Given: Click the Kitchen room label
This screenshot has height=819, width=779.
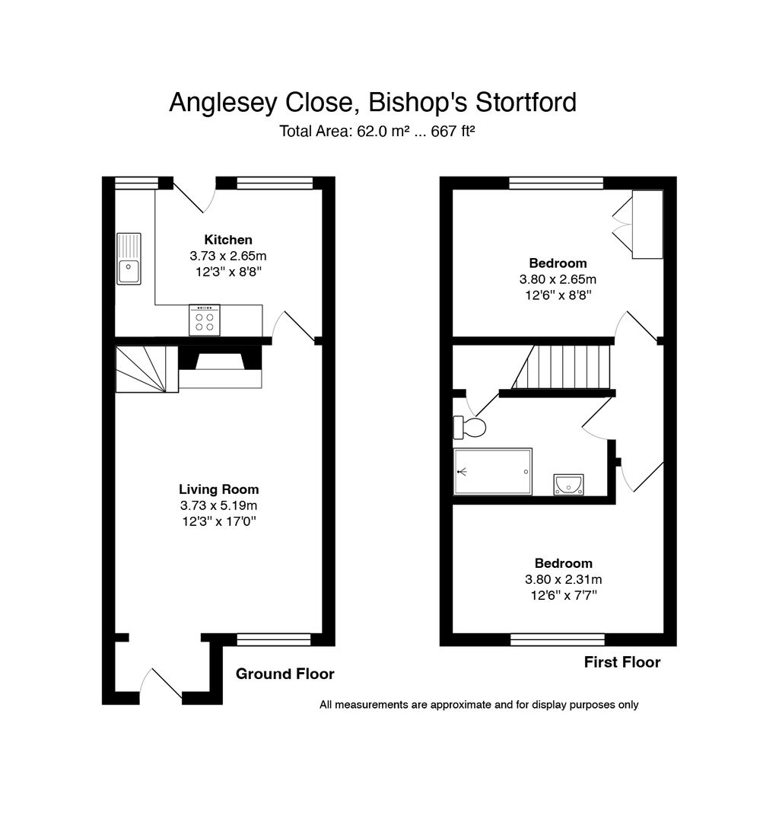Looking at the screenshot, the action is [227, 240].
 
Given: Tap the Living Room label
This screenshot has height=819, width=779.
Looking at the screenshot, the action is [219, 489].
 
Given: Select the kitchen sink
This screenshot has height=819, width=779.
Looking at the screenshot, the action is [129, 259].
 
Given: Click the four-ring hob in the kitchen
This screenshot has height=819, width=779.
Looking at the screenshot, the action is [204, 320].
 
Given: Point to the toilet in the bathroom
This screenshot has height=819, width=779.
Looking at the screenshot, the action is [469, 427].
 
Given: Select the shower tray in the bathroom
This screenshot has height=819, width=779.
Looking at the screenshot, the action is [493, 471].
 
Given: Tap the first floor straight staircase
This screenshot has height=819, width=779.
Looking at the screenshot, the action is [561, 367].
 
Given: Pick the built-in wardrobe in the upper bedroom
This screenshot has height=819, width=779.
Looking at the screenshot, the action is [647, 224].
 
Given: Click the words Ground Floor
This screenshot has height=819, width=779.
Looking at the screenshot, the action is [285, 674].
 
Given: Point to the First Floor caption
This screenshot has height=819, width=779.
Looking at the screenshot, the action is [622, 662].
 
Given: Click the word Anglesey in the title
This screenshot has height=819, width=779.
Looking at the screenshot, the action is [224, 103].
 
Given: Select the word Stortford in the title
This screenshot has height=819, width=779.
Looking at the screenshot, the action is [526, 102].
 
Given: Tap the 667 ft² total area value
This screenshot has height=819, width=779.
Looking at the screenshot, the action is [453, 131].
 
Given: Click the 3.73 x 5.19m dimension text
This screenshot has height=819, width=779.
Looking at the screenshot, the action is [219, 505].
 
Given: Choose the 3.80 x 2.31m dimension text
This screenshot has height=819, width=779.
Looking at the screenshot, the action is [564, 579].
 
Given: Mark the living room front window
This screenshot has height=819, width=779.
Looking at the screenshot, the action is [274, 639].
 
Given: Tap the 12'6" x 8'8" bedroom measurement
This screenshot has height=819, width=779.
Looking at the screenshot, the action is [558, 295].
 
